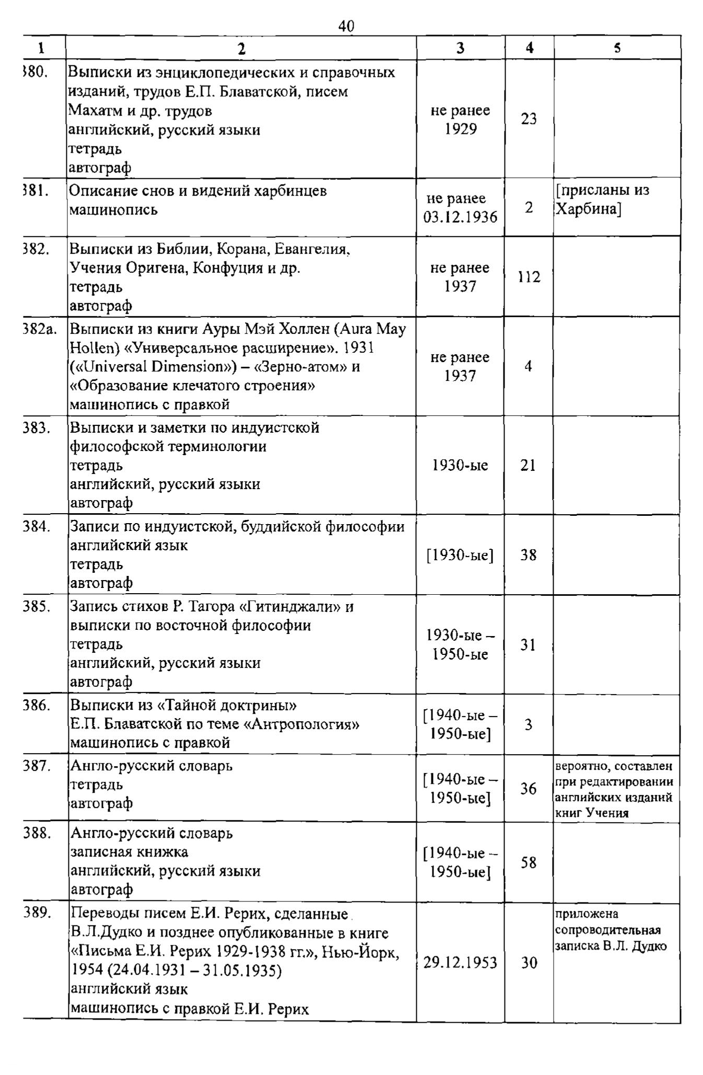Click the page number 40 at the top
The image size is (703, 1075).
[x=346, y=26]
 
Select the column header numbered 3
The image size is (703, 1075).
[x=460, y=48]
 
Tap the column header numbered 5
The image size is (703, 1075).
[x=617, y=48]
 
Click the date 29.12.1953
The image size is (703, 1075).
[x=460, y=962]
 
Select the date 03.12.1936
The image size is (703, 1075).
[x=460, y=217]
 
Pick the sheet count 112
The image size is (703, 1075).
[x=529, y=277]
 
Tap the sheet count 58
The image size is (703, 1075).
[x=529, y=862]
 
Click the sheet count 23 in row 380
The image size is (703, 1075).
[x=529, y=119]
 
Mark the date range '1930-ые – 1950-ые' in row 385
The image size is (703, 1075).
[x=460, y=645]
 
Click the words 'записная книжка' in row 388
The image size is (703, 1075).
[x=129, y=852]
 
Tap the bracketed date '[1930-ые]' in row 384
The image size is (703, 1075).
[x=460, y=555]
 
